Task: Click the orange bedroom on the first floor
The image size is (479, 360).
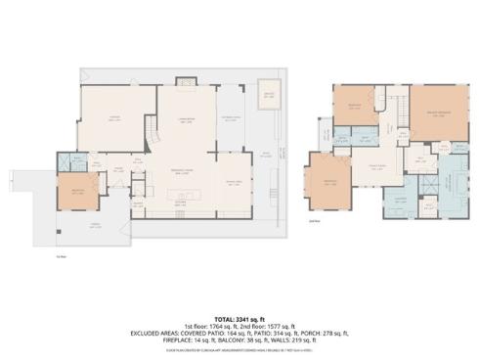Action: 76,193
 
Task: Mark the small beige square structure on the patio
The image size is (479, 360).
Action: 268,96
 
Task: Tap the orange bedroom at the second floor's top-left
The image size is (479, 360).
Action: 354,107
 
